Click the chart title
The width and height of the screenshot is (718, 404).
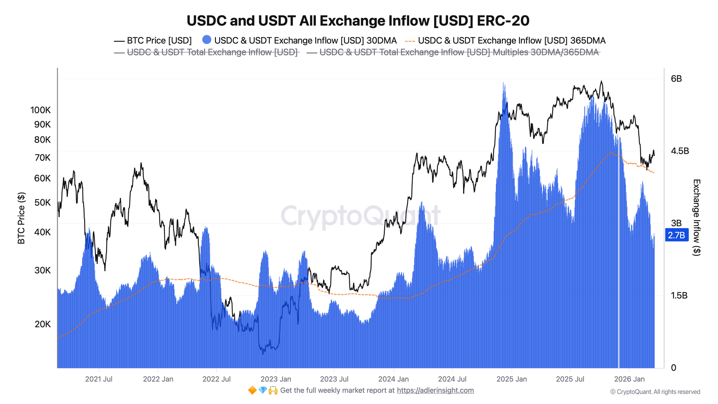click(358, 20)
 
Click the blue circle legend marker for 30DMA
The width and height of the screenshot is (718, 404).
click(207, 40)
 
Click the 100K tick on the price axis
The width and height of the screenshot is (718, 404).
click(41, 110)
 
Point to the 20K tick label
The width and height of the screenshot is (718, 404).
click(43, 324)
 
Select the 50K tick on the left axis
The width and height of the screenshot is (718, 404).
click(42, 203)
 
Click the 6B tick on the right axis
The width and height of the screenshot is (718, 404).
click(676, 79)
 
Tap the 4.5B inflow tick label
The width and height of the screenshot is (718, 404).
click(680, 151)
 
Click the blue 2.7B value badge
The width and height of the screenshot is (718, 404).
click(676, 235)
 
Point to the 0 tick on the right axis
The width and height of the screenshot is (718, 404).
click(673, 368)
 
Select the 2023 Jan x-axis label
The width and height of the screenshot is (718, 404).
click(276, 379)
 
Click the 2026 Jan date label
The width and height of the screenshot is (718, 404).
click(629, 379)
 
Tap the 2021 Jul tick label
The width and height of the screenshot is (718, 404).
click(99, 379)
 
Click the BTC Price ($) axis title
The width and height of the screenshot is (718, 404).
click(22, 218)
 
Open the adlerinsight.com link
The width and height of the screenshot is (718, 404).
click(435, 390)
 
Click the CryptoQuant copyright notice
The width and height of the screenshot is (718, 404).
click(655, 392)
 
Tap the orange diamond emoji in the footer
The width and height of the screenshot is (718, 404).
click(252, 390)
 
